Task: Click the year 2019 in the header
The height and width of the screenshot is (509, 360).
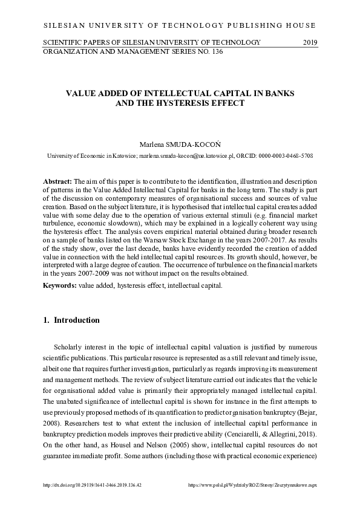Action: pos(310,42)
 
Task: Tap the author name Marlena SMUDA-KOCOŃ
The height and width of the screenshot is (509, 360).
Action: pos(180,145)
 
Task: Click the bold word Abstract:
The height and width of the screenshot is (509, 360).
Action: pos(57,181)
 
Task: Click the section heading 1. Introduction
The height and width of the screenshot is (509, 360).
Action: pos(71,320)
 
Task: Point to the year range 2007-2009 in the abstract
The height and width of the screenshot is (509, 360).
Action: pos(72,274)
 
